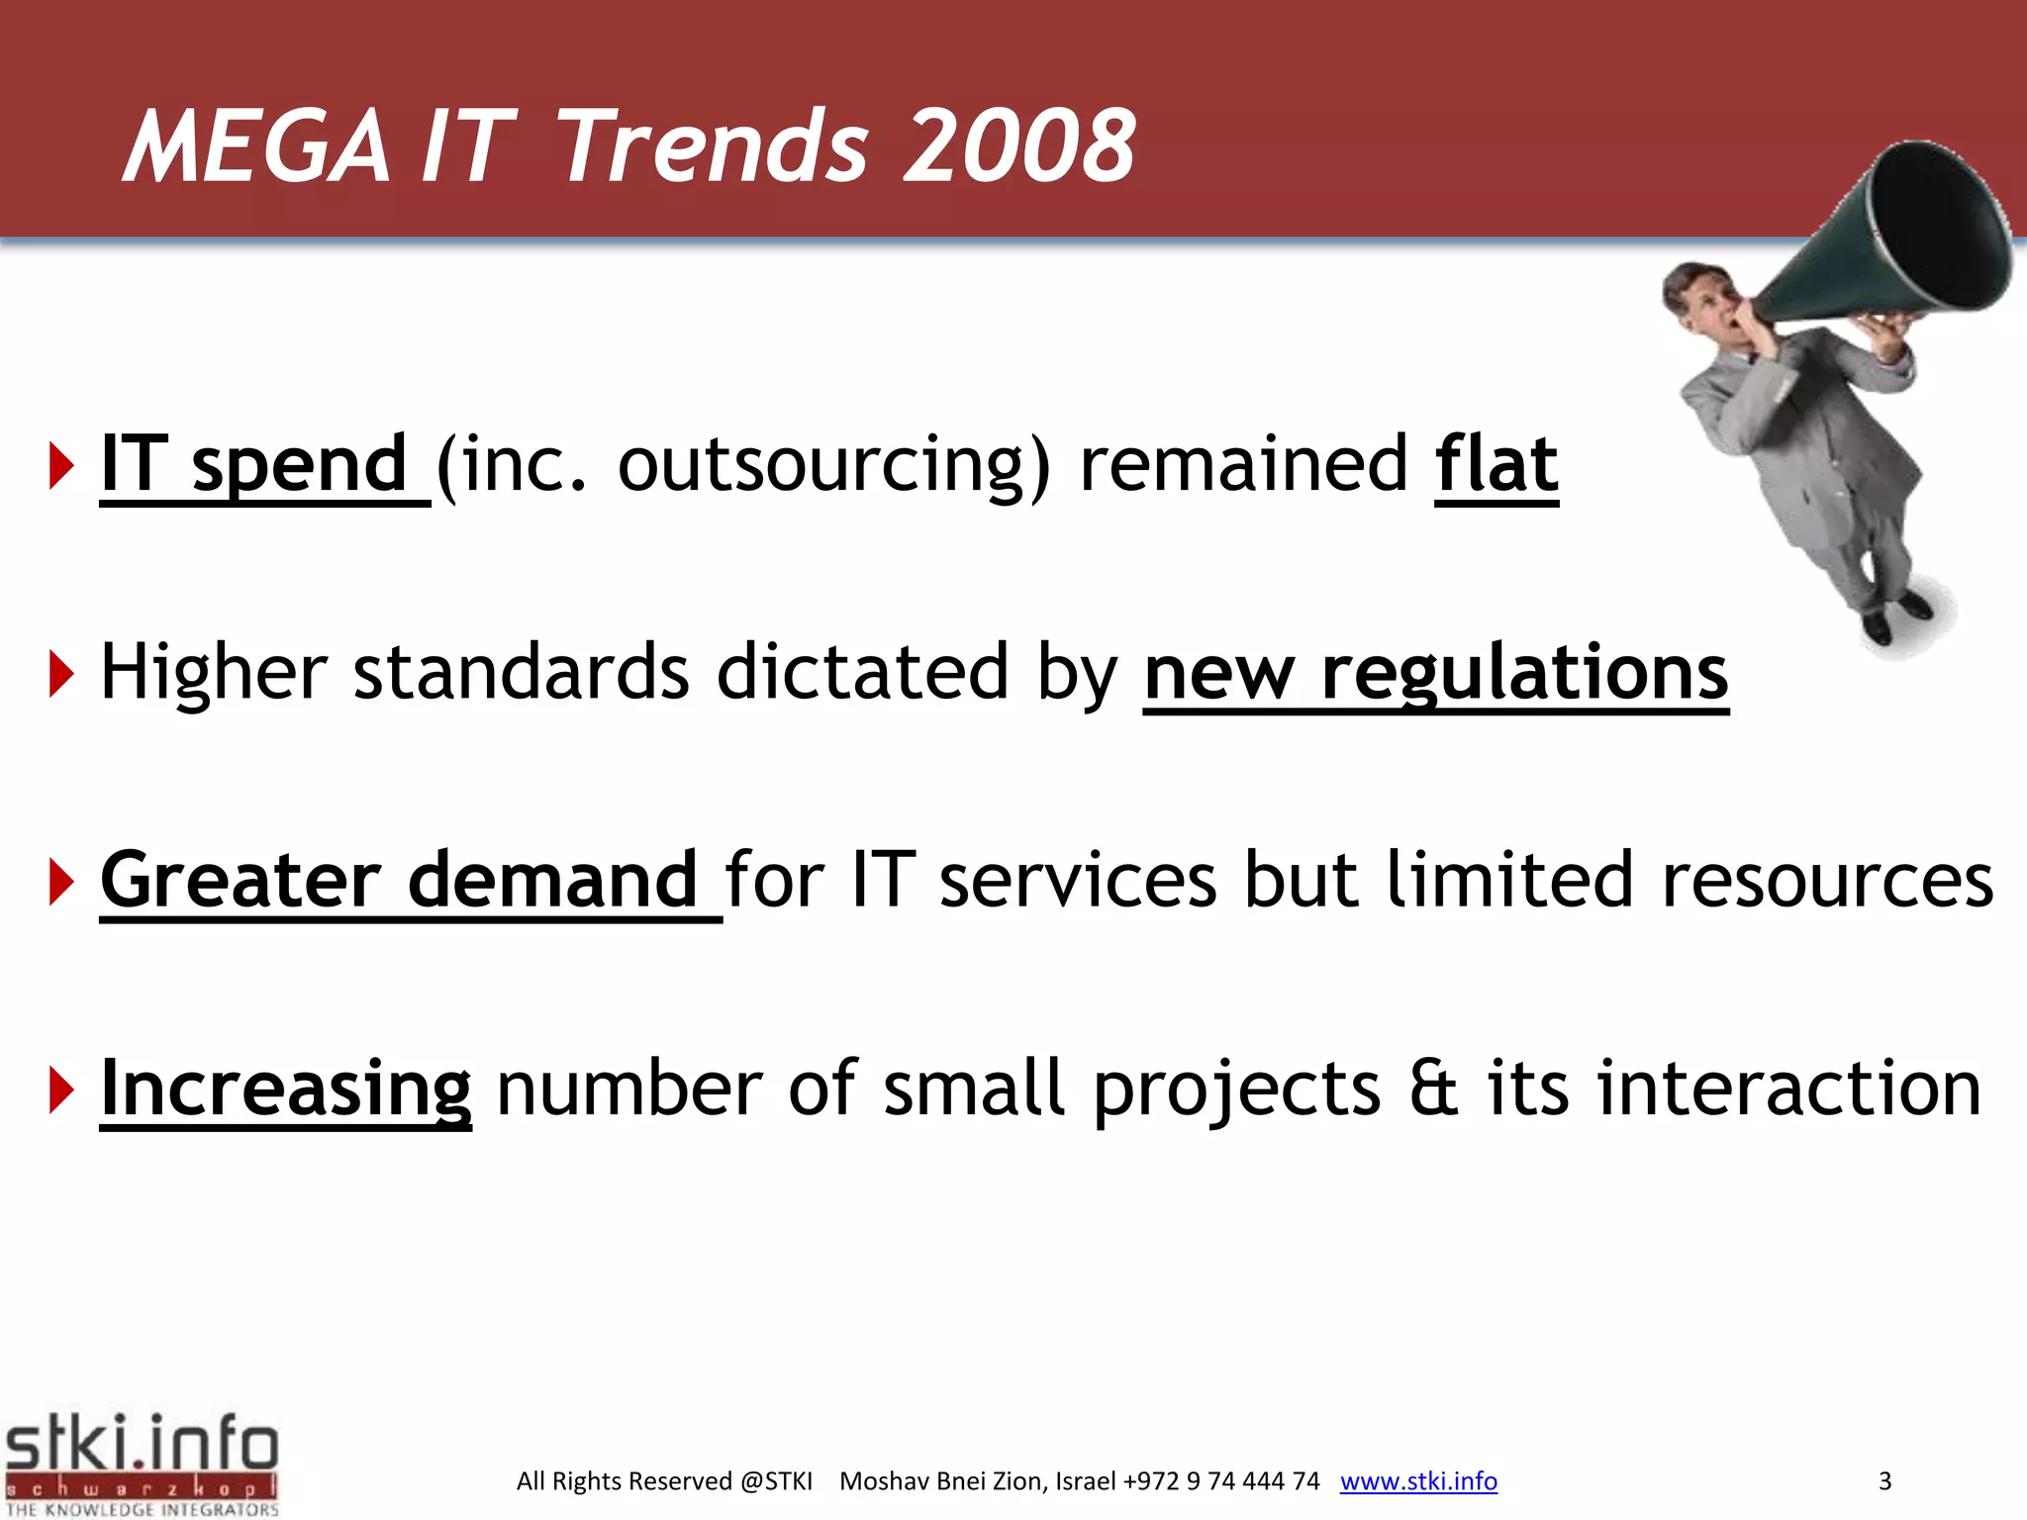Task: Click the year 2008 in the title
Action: [x=1019, y=146]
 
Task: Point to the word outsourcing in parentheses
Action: [x=821, y=465]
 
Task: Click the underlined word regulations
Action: [x=1524, y=673]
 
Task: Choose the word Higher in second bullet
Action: [x=213, y=673]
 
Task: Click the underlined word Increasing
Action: [x=286, y=1089]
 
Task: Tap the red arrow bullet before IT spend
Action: [x=61, y=466]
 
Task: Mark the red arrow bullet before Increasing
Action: [x=61, y=1090]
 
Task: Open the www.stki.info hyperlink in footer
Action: [x=1418, y=1481]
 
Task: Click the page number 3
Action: [x=1884, y=1481]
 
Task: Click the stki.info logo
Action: [x=142, y=1463]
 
